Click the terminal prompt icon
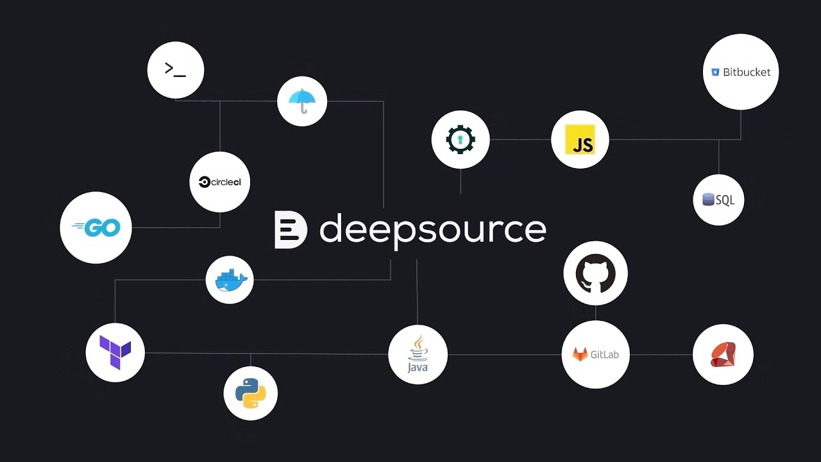(x=175, y=69)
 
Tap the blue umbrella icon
(x=302, y=101)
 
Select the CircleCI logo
(x=220, y=182)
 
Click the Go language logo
(x=96, y=227)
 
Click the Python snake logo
(x=250, y=393)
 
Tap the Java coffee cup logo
(x=418, y=354)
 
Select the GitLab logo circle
(x=595, y=354)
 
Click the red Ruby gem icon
(x=723, y=354)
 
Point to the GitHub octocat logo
(x=595, y=273)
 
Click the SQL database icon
(x=718, y=200)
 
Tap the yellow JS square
(x=580, y=139)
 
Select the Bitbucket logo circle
(x=741, y=72)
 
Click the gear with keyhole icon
(x=461, y=139)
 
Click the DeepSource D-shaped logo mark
(x=290, y=229)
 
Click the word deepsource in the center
(x=432, y=229)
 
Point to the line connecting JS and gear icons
(x=520, y=139)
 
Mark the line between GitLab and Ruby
(x=661, y=354)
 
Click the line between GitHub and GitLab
(x=595, y=312)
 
